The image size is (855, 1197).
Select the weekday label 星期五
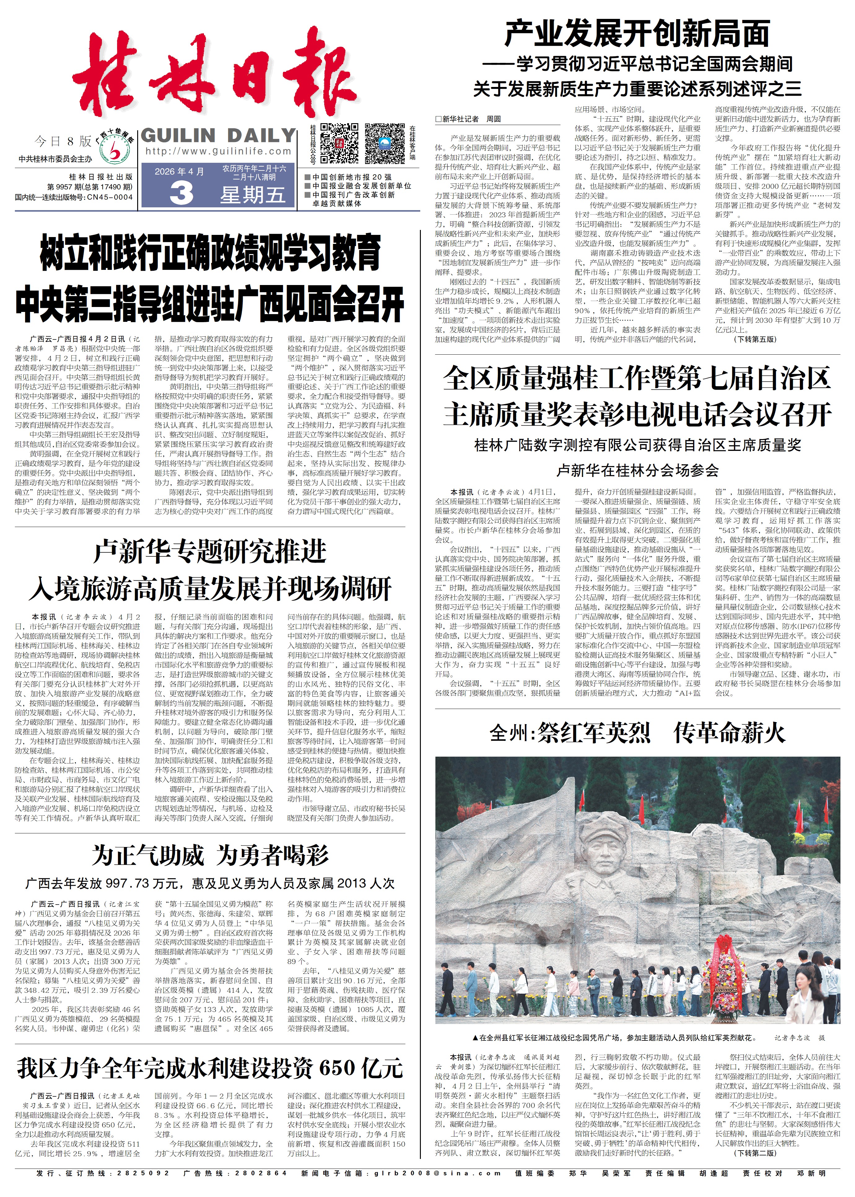point(253,195)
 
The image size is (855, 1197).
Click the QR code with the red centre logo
point(340,143)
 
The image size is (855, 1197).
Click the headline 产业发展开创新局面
point(637,34)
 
